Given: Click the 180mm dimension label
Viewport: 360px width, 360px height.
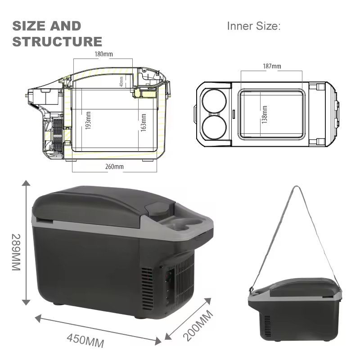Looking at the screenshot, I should (x=103, y=54).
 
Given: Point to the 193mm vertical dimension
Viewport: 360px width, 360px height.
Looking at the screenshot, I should (x=88, y=121).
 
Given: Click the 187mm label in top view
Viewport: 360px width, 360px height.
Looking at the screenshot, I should (x=272, y=66).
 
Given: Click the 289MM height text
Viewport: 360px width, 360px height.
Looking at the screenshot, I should (x=16, y=252).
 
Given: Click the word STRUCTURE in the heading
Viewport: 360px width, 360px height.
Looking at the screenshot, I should (x=57, y=42).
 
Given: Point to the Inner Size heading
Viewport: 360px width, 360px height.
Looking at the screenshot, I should (x=254, y=26).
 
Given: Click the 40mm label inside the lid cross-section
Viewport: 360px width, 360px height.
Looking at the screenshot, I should (x=121, y=81).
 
